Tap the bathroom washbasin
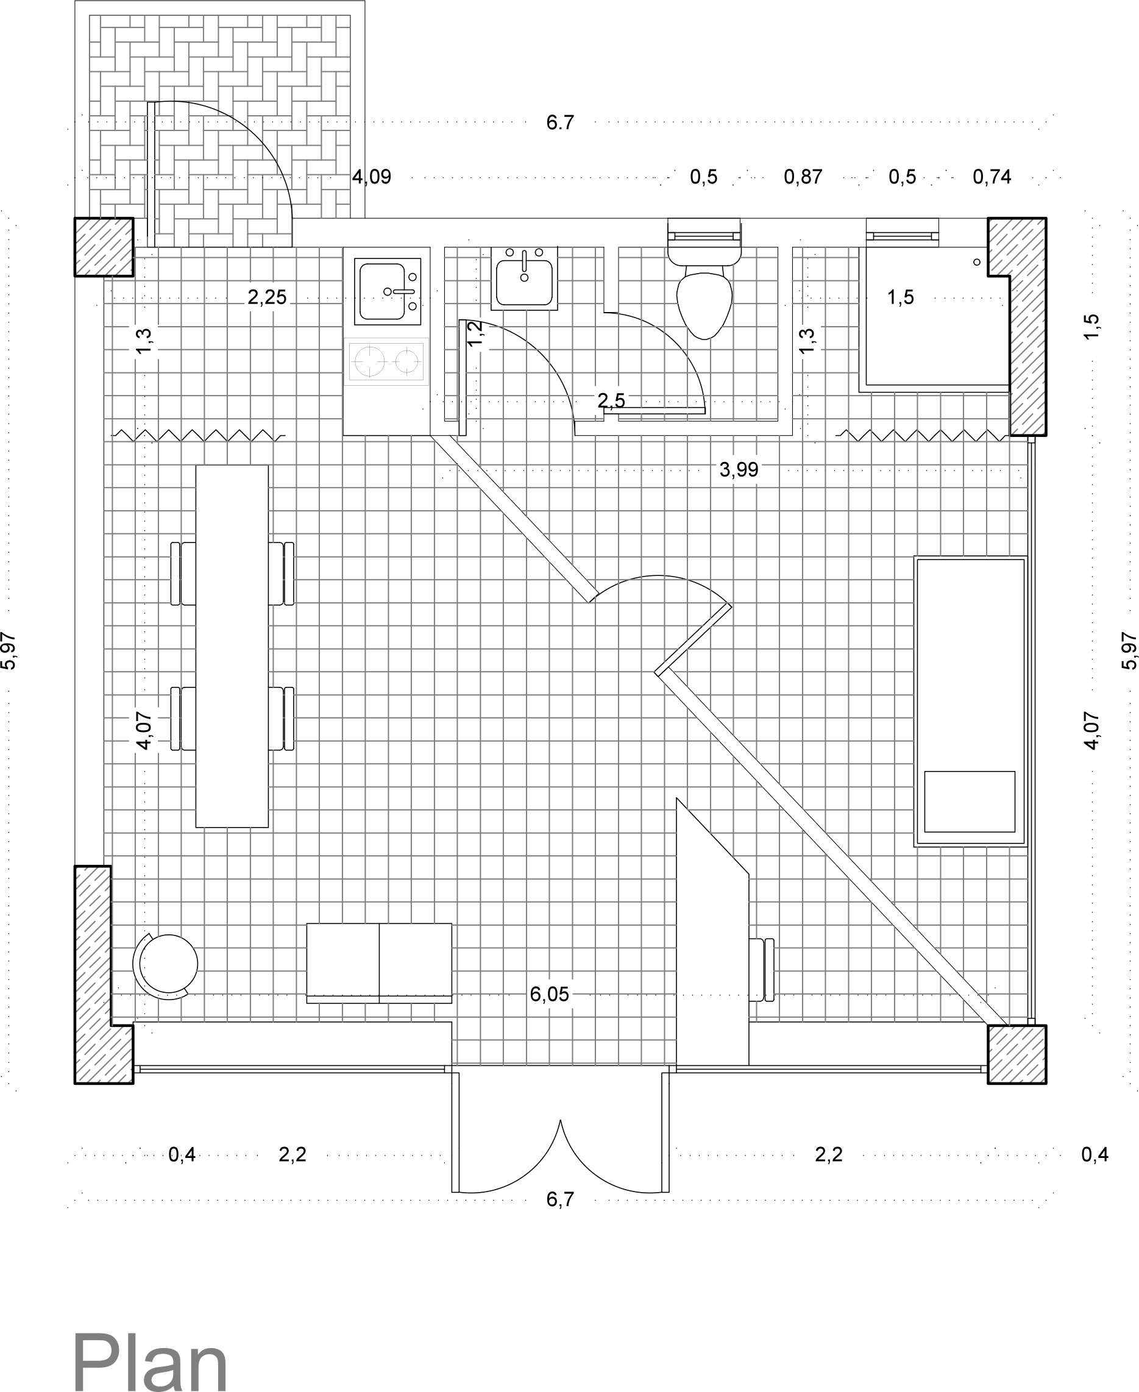pos(523,282)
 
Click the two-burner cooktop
pos(388,360)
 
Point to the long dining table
pos(232,646)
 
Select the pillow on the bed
pos(969,801)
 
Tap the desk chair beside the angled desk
pos(761,970)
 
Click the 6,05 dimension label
pos(549,995)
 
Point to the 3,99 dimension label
pos(739,470)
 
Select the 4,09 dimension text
pos(371,177)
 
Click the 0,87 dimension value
pos(803,177)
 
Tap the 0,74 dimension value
pos(992,177)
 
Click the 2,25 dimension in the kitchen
pos(267,298)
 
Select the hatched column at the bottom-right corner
pos(1017,1053)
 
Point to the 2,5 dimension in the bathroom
pos(611,400)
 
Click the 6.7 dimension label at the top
pos(559,123)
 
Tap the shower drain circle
pos(976,261)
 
